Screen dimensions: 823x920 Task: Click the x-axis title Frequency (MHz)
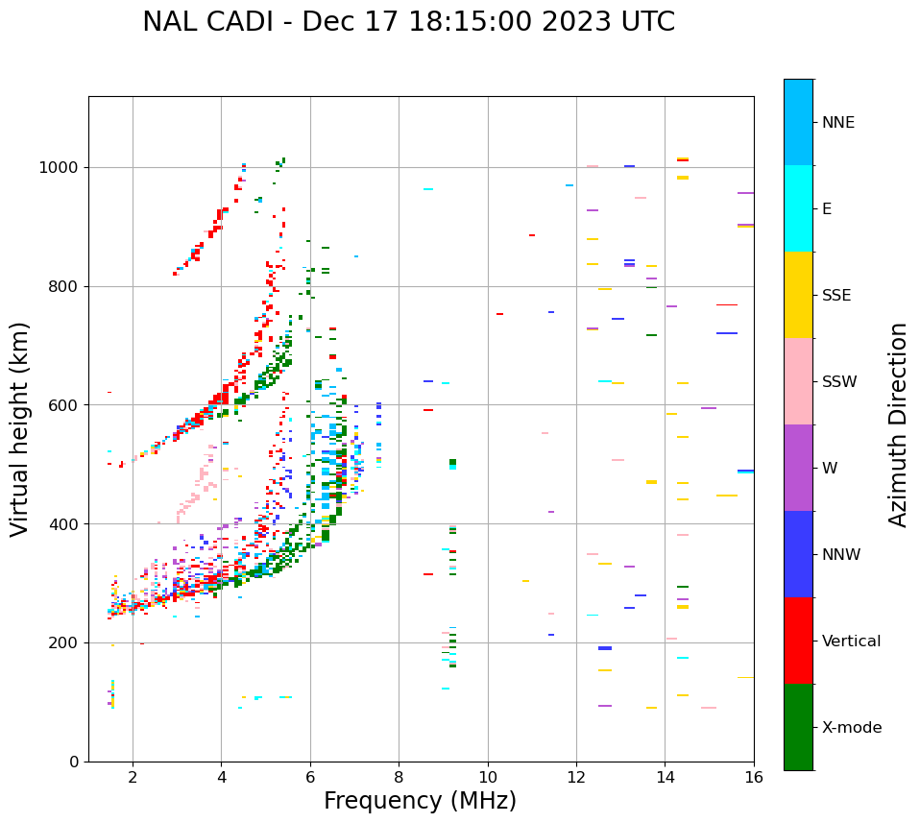pyautogui.click(x=420, y=801)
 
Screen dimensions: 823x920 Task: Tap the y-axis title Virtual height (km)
pyautogui.click(x=20, y=429)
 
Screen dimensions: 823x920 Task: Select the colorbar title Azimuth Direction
pyautogui.click(x=898, y=424)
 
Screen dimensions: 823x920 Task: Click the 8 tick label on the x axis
pyautogui.click(x=399, y=776)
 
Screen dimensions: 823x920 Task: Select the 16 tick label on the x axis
pyautogui.click(x=754, y=776)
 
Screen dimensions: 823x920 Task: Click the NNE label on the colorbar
pyautogui.click(x=838, y=123)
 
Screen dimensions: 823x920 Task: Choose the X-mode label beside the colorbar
pyautogui.click(x=852, y=728)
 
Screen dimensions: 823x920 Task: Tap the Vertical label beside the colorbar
pyautogui.click(x=851, y=641)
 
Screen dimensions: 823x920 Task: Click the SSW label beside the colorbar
pyautogui.click(x=839, y=382)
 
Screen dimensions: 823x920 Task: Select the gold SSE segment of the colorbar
pyautogui.click(x=798, y=295)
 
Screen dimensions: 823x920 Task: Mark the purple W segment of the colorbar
pyautogui.click(x=798, y=468)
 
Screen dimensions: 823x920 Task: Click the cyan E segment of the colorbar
pyautogui.click(x=798, y=208)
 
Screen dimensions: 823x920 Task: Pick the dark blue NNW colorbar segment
pyautogui.click(x=798, y=554)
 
